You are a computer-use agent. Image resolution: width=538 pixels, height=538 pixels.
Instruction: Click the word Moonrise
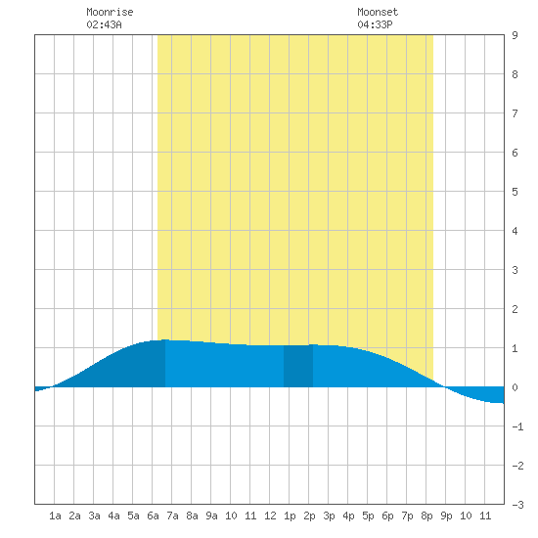coord(110,12)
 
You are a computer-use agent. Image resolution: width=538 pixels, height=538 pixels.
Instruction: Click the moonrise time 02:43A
coord(104,24)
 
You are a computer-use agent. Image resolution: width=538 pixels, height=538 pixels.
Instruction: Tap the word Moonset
coord(378,12)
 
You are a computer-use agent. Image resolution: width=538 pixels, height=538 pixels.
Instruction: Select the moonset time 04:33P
coord(375,24)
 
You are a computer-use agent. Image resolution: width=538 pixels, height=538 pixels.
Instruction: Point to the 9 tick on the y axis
coord(515,35)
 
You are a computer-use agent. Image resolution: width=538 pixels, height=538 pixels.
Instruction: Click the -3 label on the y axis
coord(517,505)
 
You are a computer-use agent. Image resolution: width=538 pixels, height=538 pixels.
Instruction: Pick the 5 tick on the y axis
coord(515,192)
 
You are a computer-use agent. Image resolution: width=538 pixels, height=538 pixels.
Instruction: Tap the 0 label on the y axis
coord(515,387)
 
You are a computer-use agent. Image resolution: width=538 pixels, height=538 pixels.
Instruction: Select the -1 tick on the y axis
coord(517,426)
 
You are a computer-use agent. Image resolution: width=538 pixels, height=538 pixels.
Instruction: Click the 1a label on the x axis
coord(55,516)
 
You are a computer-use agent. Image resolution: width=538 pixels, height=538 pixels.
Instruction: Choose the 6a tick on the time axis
coord(153,516)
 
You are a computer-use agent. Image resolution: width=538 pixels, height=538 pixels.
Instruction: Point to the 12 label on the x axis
coord(270,516)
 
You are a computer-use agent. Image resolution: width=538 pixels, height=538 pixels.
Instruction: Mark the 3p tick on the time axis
coord(329,516)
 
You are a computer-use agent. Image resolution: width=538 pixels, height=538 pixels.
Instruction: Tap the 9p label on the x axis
coord(446,516)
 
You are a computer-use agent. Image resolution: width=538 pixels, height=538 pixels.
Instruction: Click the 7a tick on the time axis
coord(172,516)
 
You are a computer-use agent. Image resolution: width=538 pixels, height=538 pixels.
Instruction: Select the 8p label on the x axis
coord(426,516)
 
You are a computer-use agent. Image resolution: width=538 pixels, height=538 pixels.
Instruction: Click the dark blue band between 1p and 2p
coord(298,366)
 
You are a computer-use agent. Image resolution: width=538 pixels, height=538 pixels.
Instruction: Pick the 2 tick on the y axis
coord(515,309)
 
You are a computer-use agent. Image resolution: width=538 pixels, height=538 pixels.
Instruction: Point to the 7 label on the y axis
coord(515,113)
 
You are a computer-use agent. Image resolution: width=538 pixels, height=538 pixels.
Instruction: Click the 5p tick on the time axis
coord(368,516)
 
